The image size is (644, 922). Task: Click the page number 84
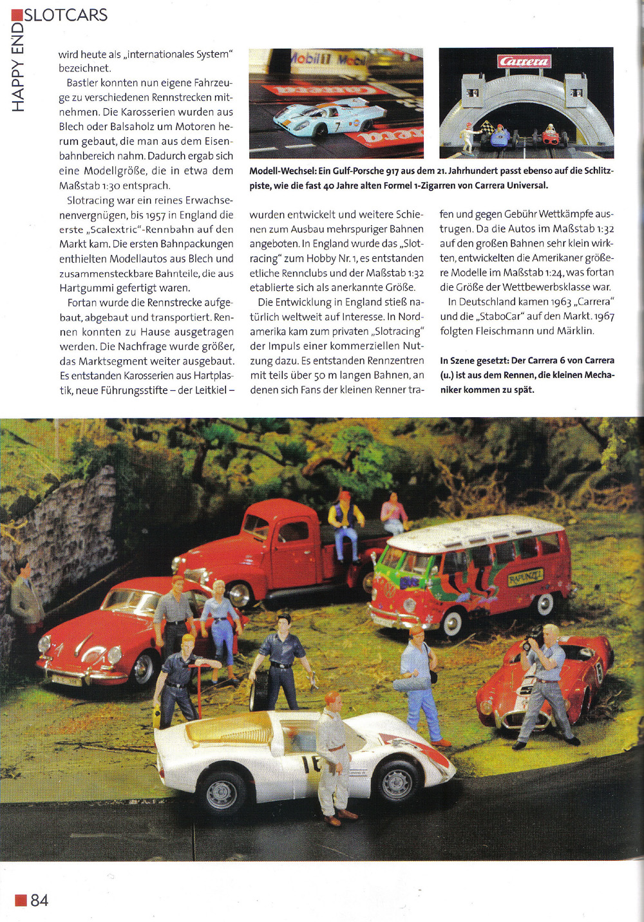(x=39, y=900)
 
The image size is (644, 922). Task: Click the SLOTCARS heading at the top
(x=66, y=15)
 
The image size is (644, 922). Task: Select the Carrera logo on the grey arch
(x=524, y=61)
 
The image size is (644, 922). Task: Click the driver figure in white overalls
(x=333, y=753)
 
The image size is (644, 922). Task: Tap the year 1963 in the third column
(x=560, y=302)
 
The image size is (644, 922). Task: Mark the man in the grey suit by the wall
(x=26, y=596)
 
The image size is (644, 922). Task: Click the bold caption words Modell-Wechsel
(x=282, y=171)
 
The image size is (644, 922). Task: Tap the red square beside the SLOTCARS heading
(x=17, y=15)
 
